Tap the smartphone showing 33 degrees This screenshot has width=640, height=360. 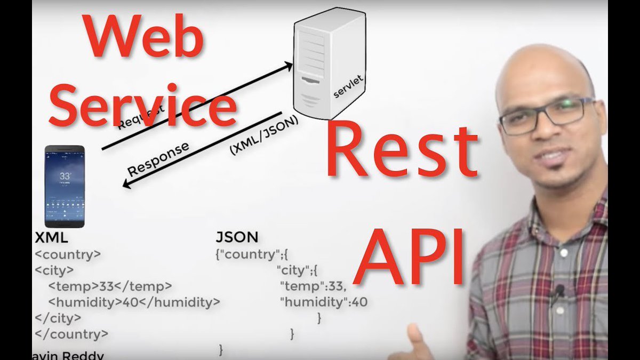coord(65,186)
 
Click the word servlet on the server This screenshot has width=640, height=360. coord(348,86)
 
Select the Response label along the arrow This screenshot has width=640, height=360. coord(158,159)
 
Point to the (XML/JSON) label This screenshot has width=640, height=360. coord(263,135)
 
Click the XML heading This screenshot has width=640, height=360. coord(51,237)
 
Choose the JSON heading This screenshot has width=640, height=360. coord(237,237)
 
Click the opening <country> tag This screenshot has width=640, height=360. coord(68,254)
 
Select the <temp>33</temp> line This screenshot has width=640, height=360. coord(110,286)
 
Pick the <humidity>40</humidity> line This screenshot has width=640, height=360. coord(134,302)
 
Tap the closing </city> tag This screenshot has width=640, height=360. coord(58,318)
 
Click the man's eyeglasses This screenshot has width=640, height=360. coord(547,115)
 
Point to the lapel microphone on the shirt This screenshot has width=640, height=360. coord(559,291)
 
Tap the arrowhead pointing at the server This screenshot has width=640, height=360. coord(288,67)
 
